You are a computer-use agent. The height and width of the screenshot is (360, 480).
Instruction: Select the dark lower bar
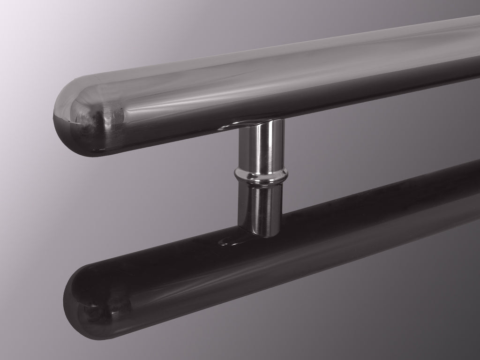click(328, 244)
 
